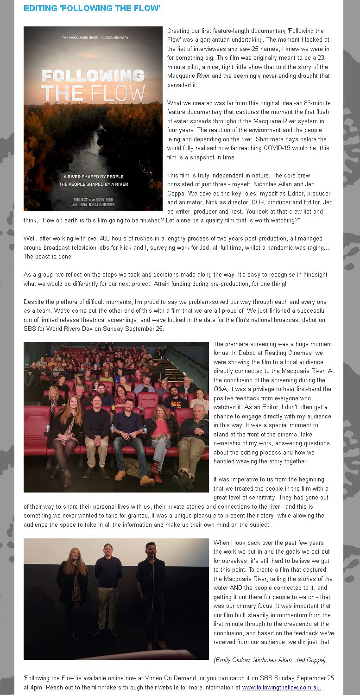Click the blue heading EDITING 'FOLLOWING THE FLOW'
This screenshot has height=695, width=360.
pos(92,8)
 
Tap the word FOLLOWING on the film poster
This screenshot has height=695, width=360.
pos(93,76)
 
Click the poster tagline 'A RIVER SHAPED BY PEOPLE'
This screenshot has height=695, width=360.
pos(93,177)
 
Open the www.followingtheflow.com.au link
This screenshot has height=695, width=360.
pos(281,687)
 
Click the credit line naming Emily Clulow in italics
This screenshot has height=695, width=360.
pos(270,660)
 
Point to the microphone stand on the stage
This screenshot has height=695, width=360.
pos(153,602)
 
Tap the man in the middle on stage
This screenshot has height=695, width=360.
pos(108,588)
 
